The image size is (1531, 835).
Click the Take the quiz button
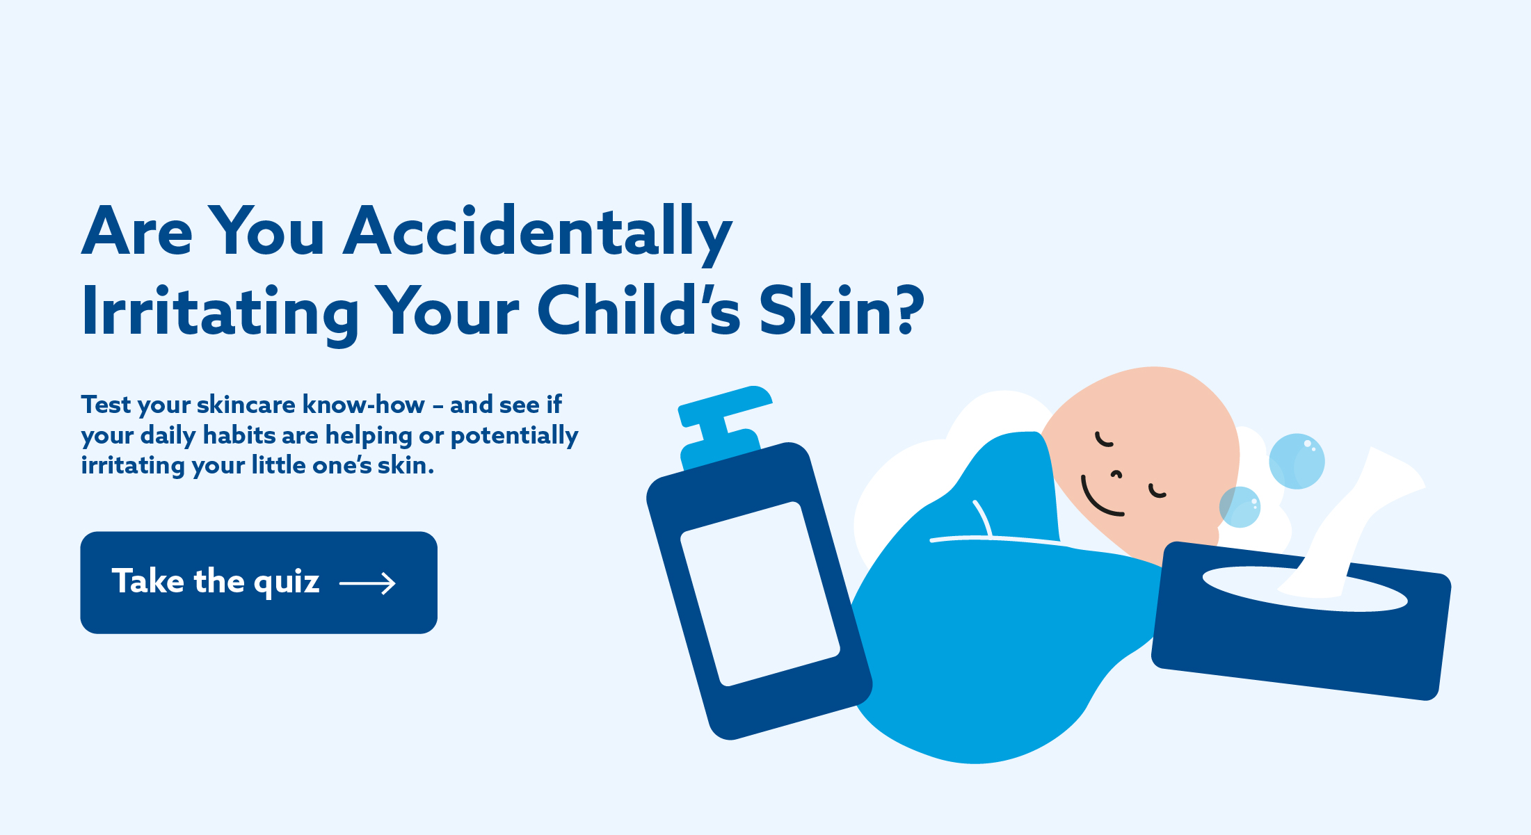[x=259, y=583]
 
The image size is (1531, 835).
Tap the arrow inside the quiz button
[x=367, y=583]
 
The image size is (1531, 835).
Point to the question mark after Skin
[x=909, y=310]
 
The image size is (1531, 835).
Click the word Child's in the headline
[x=639, y=310]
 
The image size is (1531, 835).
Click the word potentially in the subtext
[x=515, y=437]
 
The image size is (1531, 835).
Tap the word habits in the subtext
[x=239, y=435]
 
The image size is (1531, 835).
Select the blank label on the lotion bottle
[x=760, y=594]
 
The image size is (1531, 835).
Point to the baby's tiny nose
[x=1116, y=475]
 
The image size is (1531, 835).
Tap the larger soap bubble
[x=1297, y=462]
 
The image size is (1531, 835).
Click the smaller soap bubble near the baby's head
[x=1240, y=507]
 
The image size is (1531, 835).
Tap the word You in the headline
[x=266, y=232]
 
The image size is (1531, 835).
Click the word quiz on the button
[x=287, y=583]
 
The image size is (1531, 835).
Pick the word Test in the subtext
[x=106, y=405]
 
